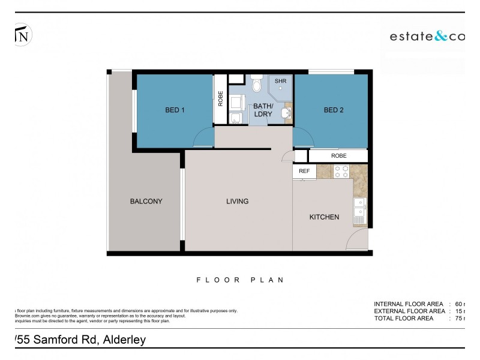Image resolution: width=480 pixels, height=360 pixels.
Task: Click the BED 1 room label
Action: point(175,110)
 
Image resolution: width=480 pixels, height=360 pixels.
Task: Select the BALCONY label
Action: point(146,202)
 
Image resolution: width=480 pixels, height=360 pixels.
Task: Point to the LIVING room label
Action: point(237,202)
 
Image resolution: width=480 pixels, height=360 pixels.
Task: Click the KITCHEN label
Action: point(324,217)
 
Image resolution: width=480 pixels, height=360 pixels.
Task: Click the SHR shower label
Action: point(280,81)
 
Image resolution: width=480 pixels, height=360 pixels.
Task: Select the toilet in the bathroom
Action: point(257,84)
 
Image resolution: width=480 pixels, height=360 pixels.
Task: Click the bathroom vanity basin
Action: point(286,112)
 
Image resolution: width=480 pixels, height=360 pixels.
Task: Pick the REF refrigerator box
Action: point(304,171)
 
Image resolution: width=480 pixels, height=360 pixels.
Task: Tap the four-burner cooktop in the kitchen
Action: point(341,172)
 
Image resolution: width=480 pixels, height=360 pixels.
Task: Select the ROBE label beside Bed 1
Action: point(221,97)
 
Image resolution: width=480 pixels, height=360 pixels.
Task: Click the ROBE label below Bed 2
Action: point(338,155)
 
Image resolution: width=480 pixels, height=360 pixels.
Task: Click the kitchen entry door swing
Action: point(357,241)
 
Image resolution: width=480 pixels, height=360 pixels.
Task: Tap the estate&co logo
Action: point(427,37)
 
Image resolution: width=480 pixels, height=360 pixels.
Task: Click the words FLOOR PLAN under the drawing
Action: point(239,280)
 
